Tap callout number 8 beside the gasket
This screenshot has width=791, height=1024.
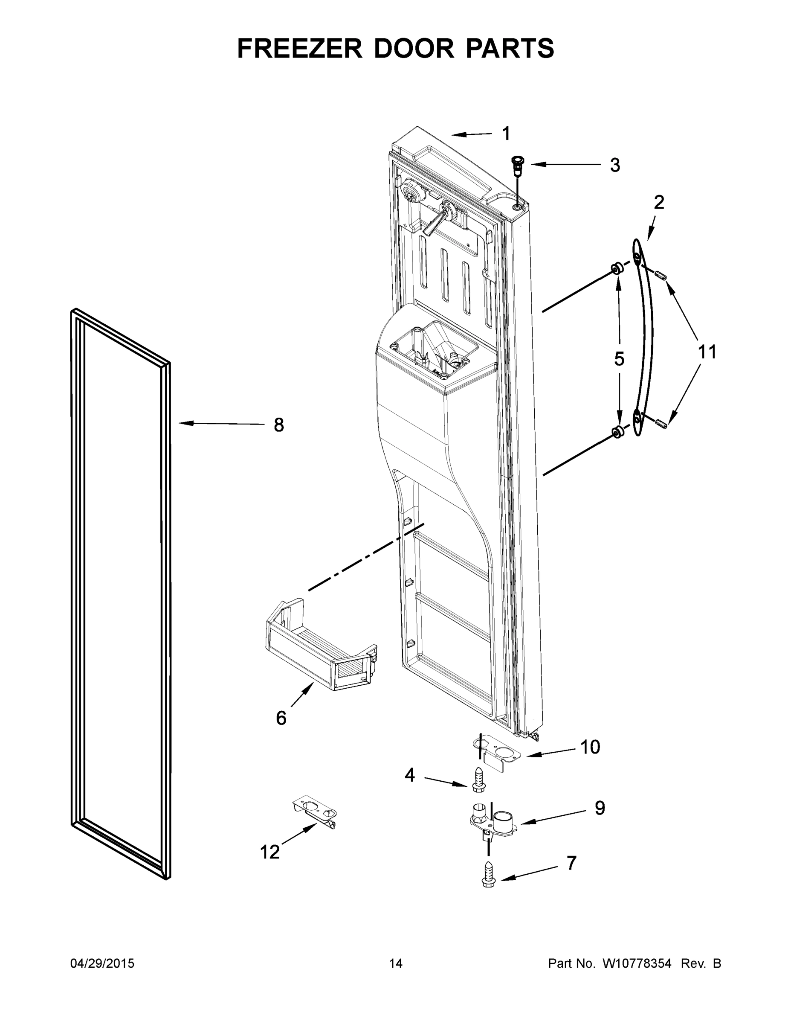click(x=279, y=425)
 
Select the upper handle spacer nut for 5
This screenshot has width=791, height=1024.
click(x=617, y=269)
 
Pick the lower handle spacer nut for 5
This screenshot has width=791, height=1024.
click(x=617, y=432)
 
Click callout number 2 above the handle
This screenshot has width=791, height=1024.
click(x=658, y=203)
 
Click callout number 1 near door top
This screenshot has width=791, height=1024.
click(x=506, y=134)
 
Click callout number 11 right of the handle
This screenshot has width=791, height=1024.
click(x=707, y=352)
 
